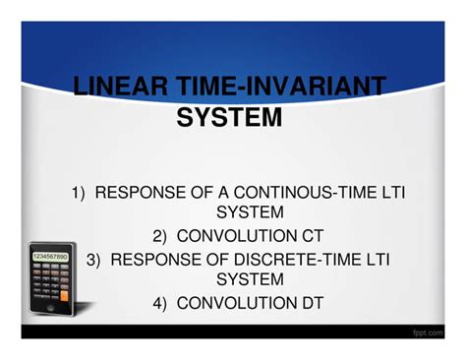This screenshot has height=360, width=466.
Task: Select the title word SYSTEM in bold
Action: coord(229,118)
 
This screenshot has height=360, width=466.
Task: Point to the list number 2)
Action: coord(162,236)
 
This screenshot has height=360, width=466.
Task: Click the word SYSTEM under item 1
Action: coord(250,212)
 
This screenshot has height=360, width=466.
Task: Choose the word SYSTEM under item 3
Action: coord(250,279)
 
